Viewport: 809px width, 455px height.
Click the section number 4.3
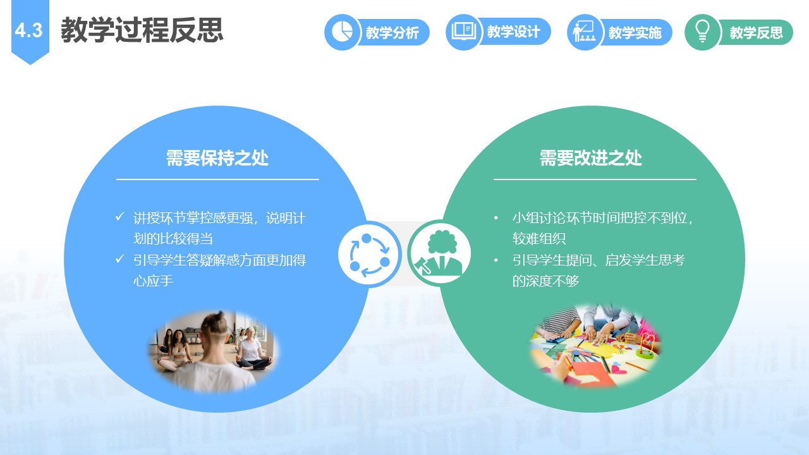point(29,30)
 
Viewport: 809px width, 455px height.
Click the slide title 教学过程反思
point(142,30)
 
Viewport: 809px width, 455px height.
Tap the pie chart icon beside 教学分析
point(342,32)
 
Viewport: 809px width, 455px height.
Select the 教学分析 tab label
point(392,32)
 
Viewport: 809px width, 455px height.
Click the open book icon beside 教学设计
point(463,31)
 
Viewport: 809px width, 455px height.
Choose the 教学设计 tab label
point(514,32)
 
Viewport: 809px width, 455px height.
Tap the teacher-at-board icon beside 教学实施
point(584,31)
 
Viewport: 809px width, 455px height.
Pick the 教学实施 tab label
point(635,32)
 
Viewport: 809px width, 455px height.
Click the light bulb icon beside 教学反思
point(702,31)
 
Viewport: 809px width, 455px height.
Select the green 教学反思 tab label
point(757,32)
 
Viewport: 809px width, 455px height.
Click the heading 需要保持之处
point(217,158)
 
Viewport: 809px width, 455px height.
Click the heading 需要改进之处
point(591,158)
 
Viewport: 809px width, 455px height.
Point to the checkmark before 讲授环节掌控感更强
point(120,217)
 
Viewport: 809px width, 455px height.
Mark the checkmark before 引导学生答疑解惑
point(120,258)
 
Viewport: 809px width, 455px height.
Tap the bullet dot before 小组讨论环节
point(496,218)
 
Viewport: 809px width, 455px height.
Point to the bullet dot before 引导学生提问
point(496,260)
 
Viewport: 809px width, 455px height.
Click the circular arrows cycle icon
point(370,254)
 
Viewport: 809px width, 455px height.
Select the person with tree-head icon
point(439,253)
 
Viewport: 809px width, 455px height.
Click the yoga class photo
point(214,351)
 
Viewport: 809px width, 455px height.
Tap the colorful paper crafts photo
point(595,346)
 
